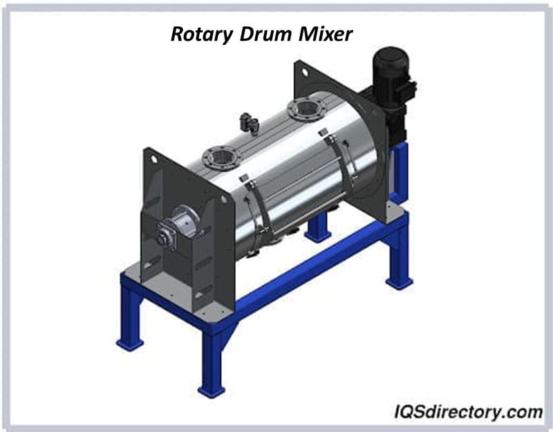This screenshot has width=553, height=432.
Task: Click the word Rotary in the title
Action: pos(201,35)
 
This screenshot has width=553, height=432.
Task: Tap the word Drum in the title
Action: pos(265,34)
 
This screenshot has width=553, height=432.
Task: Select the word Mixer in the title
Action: pos(326,34)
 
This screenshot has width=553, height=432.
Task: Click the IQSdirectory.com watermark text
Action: pos(469,411)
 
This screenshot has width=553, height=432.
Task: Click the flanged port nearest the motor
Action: pos(306,109)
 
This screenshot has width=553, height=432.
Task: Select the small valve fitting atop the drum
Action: pos(249,123)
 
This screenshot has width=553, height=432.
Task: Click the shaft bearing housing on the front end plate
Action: pos(179,226)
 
